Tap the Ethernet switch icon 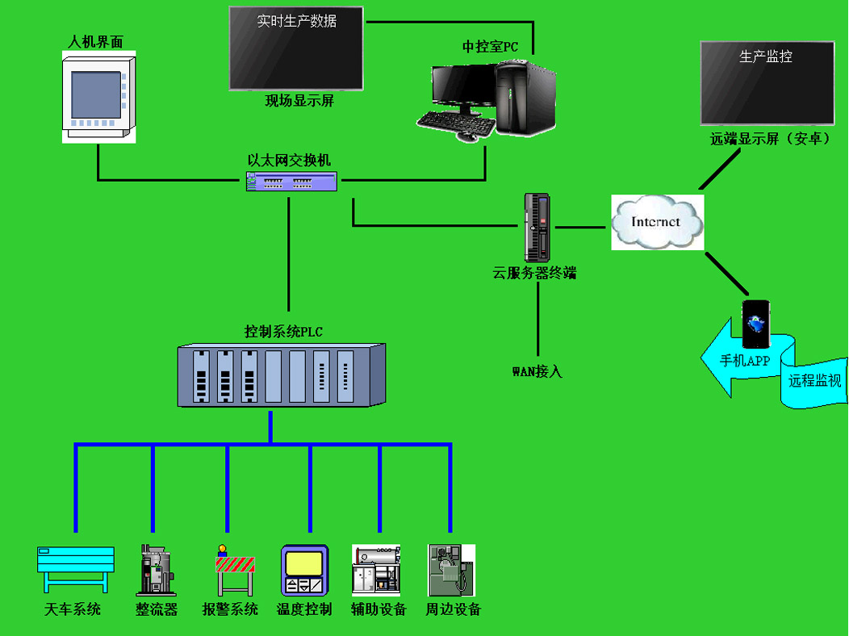tap(291, 182)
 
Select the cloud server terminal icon tap(537, 223)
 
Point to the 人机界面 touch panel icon tap(98, 98)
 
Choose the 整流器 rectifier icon tap(155, 570)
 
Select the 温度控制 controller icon tap(304, 571)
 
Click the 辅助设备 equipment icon tap(376, 570)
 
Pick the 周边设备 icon tap(451, 570)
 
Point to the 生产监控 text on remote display tap(766, 57)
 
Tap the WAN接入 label tap(537, 372)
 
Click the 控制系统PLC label tap(283, 331)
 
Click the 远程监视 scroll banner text tap(814, 381)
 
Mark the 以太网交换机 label tap(289, 160)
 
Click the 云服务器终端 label tap(534, 274)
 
